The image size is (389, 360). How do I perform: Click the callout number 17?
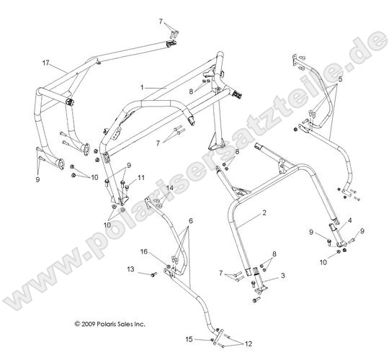[x=45, y=63]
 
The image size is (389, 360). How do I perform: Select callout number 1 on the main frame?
[x=142, y=87]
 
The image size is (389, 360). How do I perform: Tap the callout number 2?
[x=264, y=212]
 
